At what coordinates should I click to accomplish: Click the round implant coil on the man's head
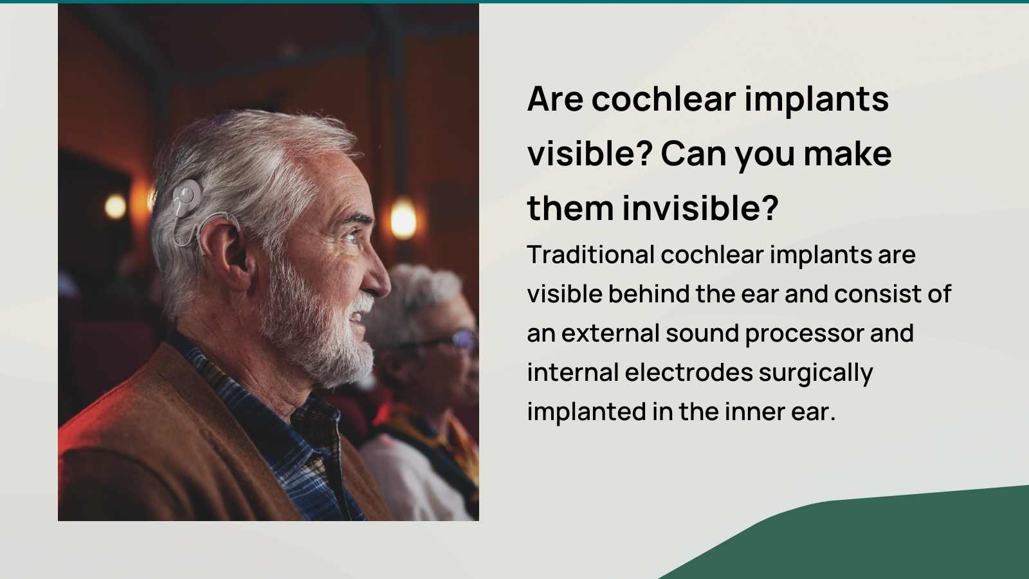point(187,195)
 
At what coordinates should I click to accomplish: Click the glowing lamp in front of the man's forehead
point(403,218)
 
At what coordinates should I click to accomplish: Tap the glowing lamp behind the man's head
point(116,207)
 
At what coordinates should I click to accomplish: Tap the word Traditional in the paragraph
point(590,255)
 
